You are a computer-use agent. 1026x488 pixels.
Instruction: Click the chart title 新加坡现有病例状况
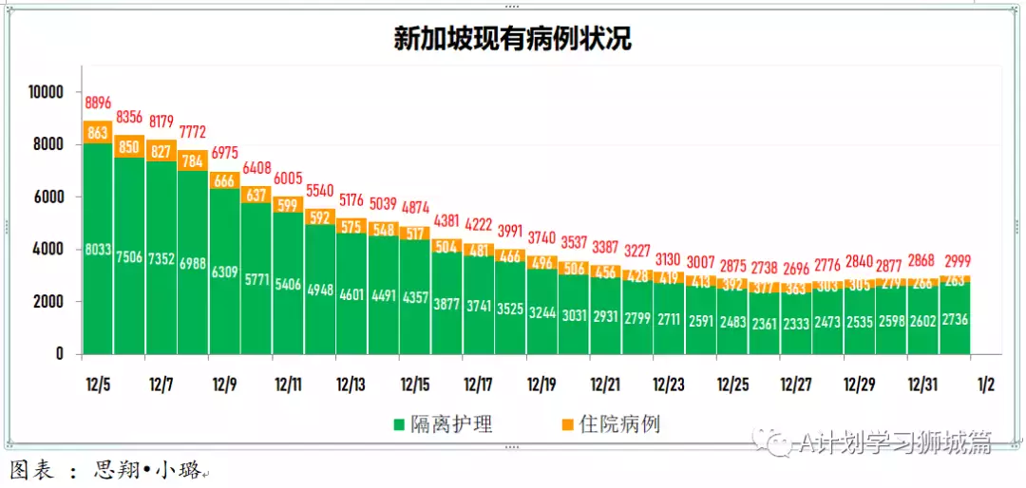point(513,38)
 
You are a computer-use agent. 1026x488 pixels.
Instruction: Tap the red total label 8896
point(98,103)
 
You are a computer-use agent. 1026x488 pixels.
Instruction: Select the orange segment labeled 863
point(98,133)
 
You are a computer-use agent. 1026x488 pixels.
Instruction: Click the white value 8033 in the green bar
point(98,250)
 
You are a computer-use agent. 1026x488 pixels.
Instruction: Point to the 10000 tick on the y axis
point(45,92)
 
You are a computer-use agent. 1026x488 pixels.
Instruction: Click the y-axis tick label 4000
point(47,249)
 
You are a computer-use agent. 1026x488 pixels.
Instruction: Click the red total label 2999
point(954,261)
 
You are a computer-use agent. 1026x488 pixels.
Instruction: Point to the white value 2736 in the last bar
point(954,323)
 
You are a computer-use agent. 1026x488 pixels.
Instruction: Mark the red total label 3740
point(542,237)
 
